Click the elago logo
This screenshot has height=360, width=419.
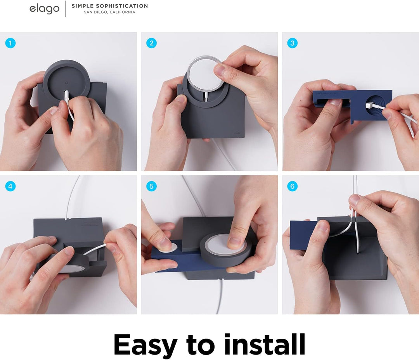(x=44, y=9)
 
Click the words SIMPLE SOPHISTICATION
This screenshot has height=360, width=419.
(x=110, y=6)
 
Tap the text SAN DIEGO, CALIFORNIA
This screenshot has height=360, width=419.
(x=110, y=12)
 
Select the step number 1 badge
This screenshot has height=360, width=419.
(x=10, y=43)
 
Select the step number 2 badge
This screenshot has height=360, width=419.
(x=151, y=43)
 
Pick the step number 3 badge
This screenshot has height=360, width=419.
(x=292, y=43)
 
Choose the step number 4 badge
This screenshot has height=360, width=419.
(x=10, y=186)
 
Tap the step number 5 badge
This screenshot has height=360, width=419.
(x=151, y=186)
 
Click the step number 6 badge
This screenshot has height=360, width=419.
(x=292, y=186)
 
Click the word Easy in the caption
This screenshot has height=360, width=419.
(x=145, y=344)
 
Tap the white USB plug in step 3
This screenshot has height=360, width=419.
(x=371, y=105)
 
